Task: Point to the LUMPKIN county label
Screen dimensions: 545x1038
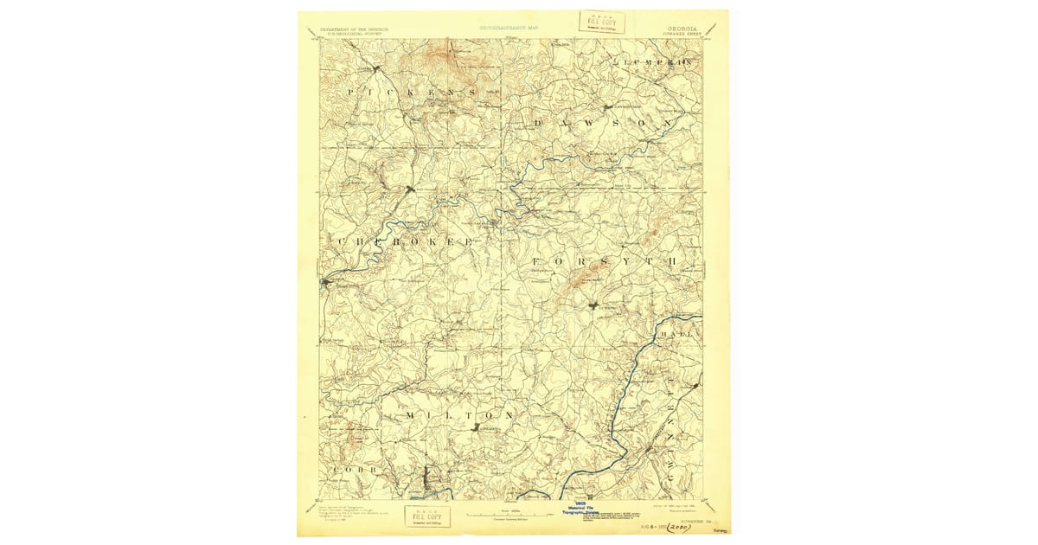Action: [x=655, y=63]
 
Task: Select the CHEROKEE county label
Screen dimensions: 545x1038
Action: [x=405, y=243]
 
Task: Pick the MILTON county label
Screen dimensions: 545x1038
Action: [x=459, y=415]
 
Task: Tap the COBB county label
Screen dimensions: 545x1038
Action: [x=355, y=469]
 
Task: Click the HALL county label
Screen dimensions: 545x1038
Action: [x=678, y=334]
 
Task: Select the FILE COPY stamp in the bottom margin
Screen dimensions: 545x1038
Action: [x=426, y=516]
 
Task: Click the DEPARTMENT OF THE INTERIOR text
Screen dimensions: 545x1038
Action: [x=354, y=29]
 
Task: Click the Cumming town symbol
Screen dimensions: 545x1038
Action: [x=594, y=305]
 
